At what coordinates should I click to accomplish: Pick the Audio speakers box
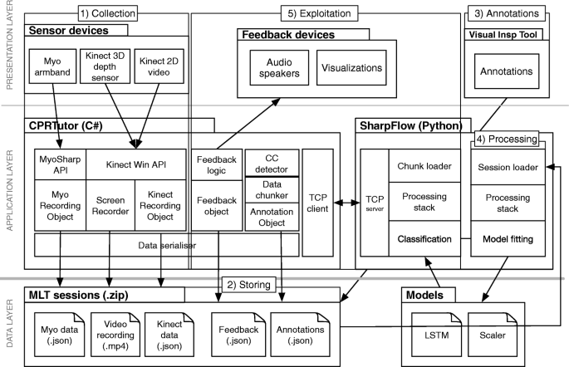(279, 67)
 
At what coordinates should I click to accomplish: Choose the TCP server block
(374, 203)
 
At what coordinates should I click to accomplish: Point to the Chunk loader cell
(424, 166)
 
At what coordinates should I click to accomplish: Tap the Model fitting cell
(508, 239)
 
